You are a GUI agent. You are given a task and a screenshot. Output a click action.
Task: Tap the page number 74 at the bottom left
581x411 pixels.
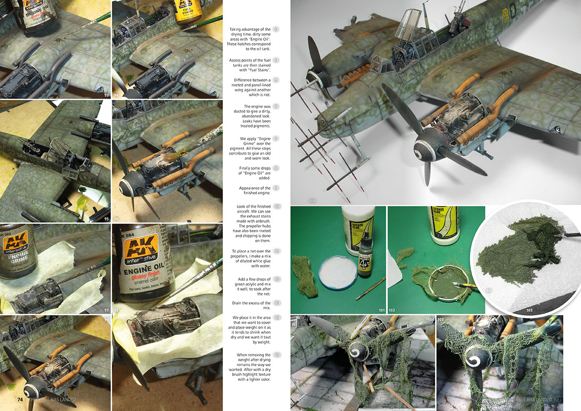20,399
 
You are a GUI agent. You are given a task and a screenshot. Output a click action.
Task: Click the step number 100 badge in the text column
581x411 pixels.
277,206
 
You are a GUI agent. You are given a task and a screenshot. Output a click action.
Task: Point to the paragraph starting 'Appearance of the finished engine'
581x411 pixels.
255,190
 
